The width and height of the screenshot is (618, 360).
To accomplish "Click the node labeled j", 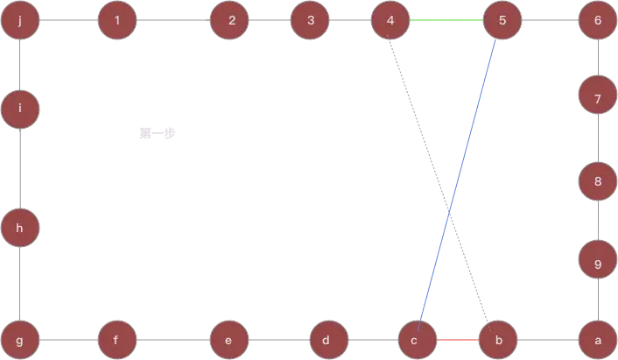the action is pyautogui.click(x=19, y=20).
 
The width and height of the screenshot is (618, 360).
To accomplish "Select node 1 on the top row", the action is pyautogui.click(x=117, y=20).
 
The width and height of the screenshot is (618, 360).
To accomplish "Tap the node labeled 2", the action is pyautogui.click(x=230, y=20).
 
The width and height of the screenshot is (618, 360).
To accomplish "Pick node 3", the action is pyautogui.click(x=311, y=20).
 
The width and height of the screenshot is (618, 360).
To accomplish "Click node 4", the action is pyautogui.click(x=390, y=20).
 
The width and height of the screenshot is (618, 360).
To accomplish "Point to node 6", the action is pyautogui.click(x=598, y=20).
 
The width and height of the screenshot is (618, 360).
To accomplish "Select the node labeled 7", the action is pyautogui.click(x=598, y=98).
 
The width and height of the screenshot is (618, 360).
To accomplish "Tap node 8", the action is pyautogui.click(x=598, y=182).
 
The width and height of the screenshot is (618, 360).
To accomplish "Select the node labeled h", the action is pyautogui.click(x=19, y=229).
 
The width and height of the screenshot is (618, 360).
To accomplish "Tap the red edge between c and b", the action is pyautogui.click(x=458, y=339).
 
